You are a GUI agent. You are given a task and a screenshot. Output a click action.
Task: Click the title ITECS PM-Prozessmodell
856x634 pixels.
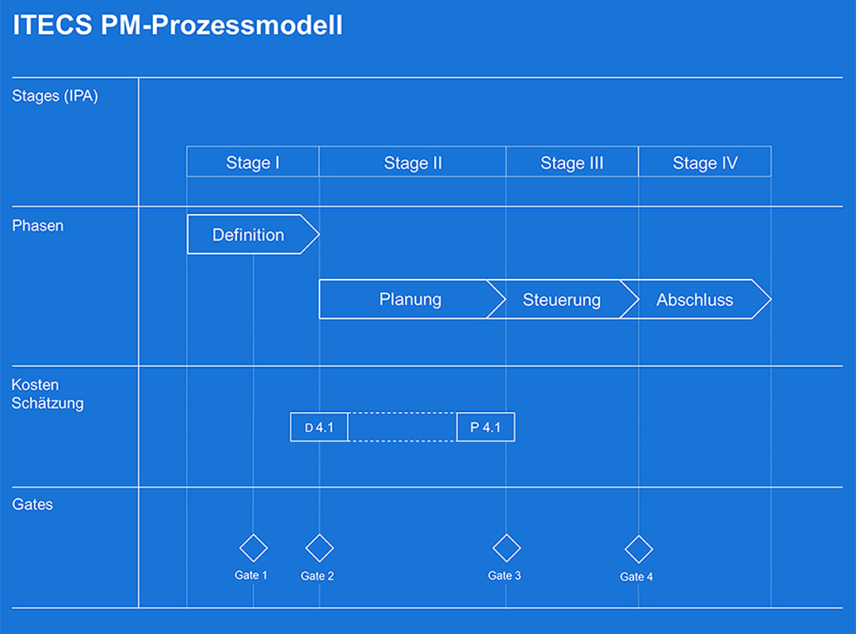click(178, 25)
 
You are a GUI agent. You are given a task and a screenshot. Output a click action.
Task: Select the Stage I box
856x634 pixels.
click(253, 162)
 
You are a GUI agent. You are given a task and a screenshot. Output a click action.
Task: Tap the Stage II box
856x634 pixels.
click(413, 162)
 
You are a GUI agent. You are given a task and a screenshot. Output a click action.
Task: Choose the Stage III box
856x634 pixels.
click(572, 162)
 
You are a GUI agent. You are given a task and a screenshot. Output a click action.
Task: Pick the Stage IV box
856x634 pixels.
click(705, 162)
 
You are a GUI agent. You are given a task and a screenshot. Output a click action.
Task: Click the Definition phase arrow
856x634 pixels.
click(249, 235)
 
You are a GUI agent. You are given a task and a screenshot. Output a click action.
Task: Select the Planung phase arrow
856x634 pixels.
click(409, 300)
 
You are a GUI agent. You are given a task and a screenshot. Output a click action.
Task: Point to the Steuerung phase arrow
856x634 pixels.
click(562, 300)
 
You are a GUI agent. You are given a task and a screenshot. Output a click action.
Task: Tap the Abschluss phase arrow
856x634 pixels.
click(694, 300)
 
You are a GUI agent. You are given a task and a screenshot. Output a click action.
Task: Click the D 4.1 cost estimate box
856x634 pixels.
click(319, 427)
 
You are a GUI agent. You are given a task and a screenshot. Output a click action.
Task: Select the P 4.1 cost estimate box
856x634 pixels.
click(486, 427)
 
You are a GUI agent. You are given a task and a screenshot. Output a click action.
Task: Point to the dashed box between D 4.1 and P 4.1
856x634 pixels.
click(403, 427)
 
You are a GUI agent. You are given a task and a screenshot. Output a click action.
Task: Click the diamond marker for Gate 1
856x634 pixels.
click(254, 548)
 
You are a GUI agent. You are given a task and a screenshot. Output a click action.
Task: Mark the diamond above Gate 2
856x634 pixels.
click(319, 548)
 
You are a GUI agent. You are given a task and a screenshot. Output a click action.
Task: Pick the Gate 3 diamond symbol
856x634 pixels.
click(506, 548)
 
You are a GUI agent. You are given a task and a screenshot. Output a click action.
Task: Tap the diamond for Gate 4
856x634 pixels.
click(639, 549)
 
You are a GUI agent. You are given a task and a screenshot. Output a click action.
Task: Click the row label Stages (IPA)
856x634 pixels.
click(55, 97)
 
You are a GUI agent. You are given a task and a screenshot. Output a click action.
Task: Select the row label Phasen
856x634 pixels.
click(38, 226)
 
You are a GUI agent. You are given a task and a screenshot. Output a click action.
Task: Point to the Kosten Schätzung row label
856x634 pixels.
click(48, 395)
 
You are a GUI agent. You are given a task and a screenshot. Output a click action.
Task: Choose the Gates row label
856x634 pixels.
click(32, 504)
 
